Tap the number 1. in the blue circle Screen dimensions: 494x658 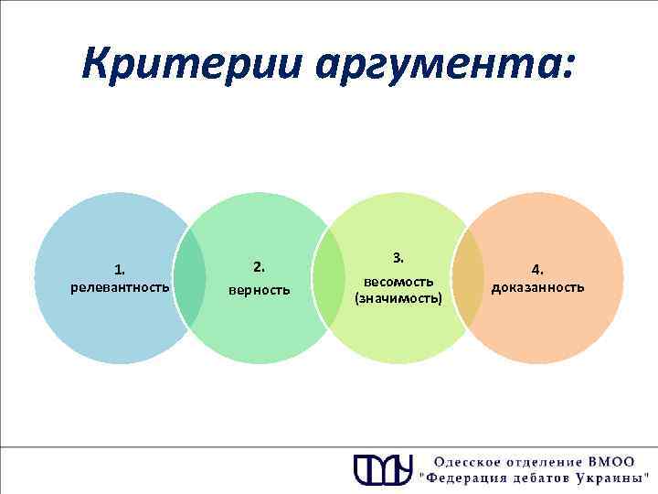point(120,269)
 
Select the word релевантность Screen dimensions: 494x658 point(120,287)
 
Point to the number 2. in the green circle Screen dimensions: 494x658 point(260,267)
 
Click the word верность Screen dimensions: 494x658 point(260,290)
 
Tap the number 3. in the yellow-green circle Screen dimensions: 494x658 point(398,257)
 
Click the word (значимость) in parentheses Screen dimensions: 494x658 point(398,298)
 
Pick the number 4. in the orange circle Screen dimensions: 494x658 point(538,269)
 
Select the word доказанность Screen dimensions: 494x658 point(538,287)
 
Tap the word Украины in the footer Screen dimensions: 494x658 point(610,478)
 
